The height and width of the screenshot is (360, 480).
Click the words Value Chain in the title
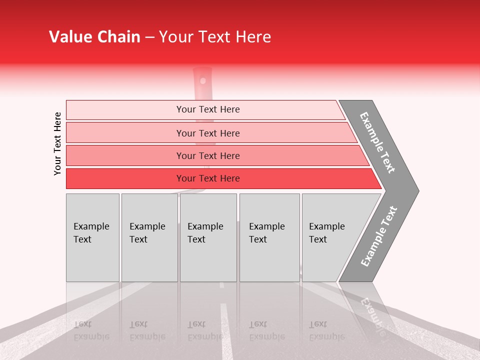pos(94,37)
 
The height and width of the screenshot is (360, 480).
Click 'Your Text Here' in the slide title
pos(215,37)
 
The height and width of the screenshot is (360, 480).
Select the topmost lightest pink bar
pos(125,110)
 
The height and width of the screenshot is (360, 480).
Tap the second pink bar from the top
pos(125,133)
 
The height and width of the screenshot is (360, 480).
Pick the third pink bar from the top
pos(125,155)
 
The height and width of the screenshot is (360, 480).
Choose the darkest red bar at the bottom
pos(125,178)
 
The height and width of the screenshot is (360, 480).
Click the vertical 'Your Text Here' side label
pos(57,143)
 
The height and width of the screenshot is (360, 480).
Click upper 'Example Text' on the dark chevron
pos(377,142)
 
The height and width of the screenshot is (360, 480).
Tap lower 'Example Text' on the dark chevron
pos(379,236)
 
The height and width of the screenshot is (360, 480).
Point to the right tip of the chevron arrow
pos(417,190)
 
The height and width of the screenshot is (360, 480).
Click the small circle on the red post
pos(202,80)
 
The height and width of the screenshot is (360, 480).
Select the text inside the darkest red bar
pos(208,178)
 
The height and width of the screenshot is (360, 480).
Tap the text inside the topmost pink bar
pos(208,109)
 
